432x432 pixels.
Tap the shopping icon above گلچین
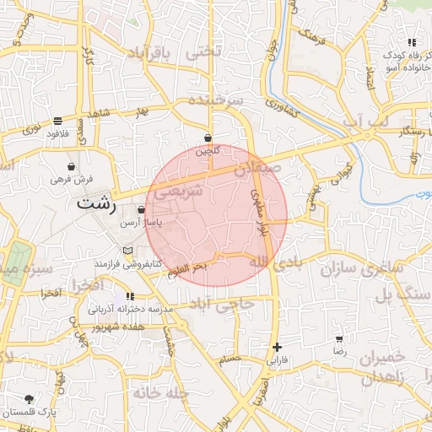pos(208,138)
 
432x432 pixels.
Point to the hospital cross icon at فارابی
pos(277,347)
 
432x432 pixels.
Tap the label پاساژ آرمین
pos(141,222)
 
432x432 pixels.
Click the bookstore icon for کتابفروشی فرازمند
pos(127,251)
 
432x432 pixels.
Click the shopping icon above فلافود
pos(57,121)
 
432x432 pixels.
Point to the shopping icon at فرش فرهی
pos(70,166)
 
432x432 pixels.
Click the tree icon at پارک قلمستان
pos(30,399)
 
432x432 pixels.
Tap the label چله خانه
pos(159,392)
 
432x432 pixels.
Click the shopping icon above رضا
pos(339,338)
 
